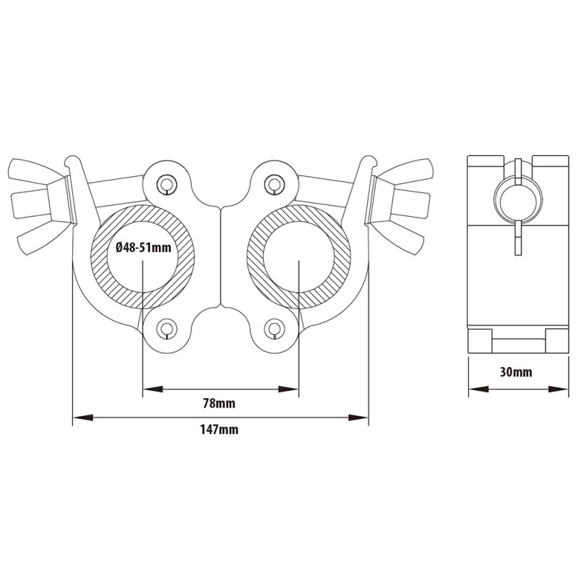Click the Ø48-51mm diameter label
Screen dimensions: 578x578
click(143, 248)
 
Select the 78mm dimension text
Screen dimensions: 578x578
click(220, 403)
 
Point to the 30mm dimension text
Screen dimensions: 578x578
click(516, 373)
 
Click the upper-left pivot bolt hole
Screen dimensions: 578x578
click(167, 184)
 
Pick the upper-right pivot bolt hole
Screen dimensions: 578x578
click(273, 184)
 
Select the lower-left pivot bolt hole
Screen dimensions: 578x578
click(167, 329)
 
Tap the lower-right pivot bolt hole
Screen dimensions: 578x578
click(273, 329)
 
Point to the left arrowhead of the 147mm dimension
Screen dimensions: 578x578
click(78, 417)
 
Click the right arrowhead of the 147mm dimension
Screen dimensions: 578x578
click(363, 417)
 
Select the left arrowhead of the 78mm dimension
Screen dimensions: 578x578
click(149, 390)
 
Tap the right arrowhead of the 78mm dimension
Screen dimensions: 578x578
click(293, 390)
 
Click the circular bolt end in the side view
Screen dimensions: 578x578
click(517, 195)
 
